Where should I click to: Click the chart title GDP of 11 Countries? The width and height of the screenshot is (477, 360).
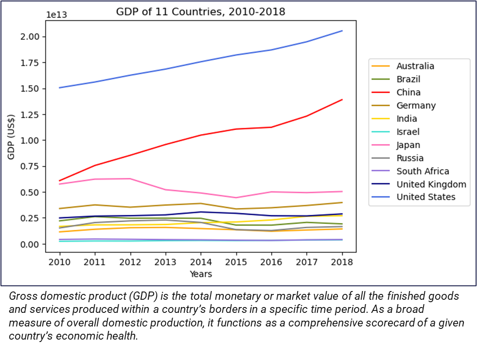(200, 12)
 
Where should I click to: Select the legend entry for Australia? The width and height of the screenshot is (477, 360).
(415, 66)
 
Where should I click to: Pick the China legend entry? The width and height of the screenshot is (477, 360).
(408, 92)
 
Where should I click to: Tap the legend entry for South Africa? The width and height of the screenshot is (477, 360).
(423, 171)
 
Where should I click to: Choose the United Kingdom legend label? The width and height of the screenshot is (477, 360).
(431, 184)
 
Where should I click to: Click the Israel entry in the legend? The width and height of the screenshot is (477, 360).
(407, 132)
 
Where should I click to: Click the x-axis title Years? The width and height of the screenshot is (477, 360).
(201, 274)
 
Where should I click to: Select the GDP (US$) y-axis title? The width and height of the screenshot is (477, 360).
(12, 137)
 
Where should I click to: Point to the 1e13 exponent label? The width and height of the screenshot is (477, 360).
(56, 15)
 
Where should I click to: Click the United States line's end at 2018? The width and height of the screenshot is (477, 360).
(342, 31)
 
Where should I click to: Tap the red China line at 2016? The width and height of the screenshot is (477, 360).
(271, 127)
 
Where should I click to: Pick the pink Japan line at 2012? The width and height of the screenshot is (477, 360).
(130, 179)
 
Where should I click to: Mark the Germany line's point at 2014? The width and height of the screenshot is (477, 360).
(201, 204)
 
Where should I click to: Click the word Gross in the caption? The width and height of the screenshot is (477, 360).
(22, 296)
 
